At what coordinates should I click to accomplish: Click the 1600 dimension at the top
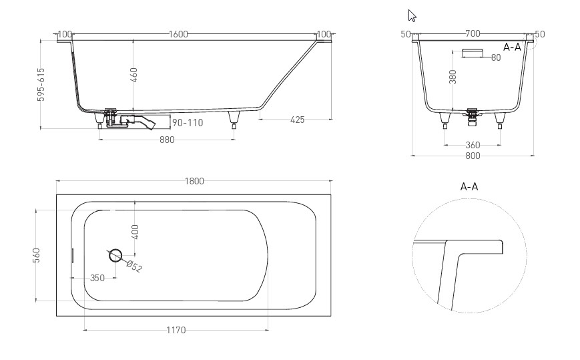(178, 34)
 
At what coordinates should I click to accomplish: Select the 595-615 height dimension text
(41, 84)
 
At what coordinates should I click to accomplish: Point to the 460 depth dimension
(134, 75)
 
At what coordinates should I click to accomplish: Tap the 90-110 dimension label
(188, 122)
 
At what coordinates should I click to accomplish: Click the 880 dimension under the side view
(167, 140)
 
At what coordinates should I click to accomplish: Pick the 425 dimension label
(298, 120)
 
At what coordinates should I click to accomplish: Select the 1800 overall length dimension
(194, 181)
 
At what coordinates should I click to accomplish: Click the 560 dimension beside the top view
(36, 255)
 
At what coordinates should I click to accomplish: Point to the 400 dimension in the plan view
(135, 232)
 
